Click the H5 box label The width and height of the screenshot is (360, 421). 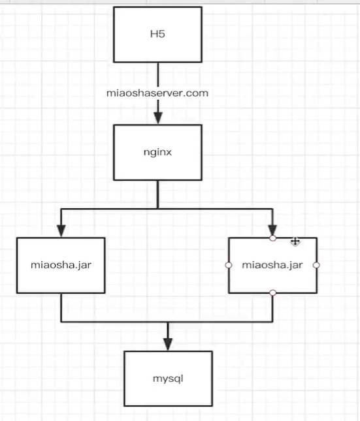point(157,34)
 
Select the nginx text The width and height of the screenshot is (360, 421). point(157,152)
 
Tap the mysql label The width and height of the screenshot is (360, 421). point(168,379)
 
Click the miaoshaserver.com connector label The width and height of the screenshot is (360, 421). point(157,93)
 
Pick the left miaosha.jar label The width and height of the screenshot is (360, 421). point(61,265)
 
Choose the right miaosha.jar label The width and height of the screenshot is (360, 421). point(272,265)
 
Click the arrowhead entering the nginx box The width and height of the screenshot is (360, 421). point(158,118)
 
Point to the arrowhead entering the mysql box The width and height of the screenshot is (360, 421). point(168,344)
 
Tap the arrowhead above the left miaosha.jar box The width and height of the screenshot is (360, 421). point(61,231)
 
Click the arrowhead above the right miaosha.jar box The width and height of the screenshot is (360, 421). point(272,230)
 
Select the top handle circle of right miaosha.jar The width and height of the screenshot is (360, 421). point(272,238)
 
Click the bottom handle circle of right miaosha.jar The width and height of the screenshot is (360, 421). point(272,292)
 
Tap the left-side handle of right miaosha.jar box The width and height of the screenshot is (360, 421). point(229,265)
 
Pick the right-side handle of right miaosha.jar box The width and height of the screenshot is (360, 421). point(316,265)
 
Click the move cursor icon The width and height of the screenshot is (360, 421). point(295,241)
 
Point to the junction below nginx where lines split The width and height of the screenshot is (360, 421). point(158,209)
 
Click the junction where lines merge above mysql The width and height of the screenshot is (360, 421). point(168,321)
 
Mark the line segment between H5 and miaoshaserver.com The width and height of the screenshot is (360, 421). point(158,75)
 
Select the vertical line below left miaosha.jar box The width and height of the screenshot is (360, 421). point(61,307)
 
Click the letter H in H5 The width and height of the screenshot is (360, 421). point(154,34)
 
